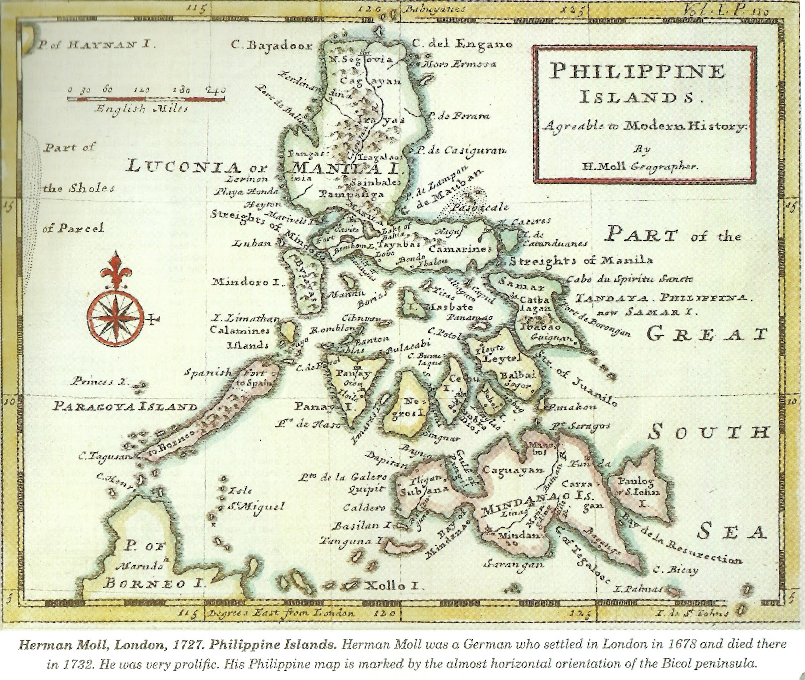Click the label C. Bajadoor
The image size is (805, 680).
coord(272,46)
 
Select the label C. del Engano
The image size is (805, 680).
coord(461,44)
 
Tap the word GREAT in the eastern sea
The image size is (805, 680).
coord(706,334)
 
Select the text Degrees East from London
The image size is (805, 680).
coord(274,613)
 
